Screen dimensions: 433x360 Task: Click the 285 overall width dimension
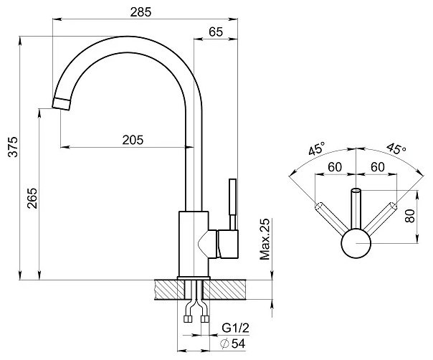(141, 12)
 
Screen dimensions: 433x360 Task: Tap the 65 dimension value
(216, 32)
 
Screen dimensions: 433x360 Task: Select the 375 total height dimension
(13, 147)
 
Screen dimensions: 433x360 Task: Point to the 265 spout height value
(32, 198)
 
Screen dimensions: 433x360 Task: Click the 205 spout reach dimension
(133, 140)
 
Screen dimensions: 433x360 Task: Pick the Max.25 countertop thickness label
(265, 240)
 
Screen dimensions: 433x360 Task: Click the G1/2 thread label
(236, 328)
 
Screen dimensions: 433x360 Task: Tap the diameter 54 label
(233, 344)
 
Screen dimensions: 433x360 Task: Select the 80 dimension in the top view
(410, 216)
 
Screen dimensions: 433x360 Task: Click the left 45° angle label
(317, 148)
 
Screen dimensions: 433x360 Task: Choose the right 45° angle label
(396, 148)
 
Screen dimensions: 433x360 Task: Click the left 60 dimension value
(335, 167)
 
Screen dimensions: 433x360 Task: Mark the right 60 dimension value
(378, 167)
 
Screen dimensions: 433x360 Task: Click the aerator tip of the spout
(61, 104)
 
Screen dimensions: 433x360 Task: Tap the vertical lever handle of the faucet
(233, 204)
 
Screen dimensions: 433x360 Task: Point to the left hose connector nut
(188, 319)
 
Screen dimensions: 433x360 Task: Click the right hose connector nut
(205, 319)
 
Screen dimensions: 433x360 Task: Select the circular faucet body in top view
(356, 243)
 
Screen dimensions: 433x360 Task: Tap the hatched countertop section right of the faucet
(224, 290)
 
